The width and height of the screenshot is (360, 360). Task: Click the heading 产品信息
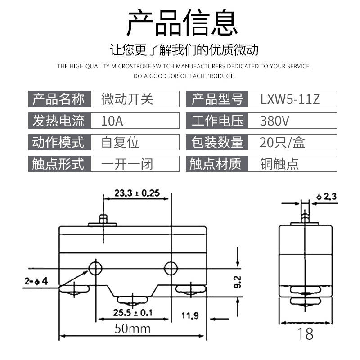(x=182, y=22)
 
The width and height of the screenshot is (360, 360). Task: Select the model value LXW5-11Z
(x=290, y=99)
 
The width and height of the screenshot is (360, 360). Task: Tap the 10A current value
(x=112, y=121)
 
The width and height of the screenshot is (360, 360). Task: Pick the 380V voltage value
(x=274, y=121)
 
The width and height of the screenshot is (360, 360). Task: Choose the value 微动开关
(x=127, y=99)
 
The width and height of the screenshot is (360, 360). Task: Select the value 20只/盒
(x=282, y=142)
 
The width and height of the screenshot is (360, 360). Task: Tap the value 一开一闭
(x=127, y=164)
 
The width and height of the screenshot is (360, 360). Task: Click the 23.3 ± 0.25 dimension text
(x=137, y=193)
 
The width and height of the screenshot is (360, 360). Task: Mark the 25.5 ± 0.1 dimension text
(x=132, y=312)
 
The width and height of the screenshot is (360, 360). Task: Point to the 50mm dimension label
(x=133, y=328)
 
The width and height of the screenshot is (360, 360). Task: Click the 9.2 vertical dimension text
(x=238, y=282)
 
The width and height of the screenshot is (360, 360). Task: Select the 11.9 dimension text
(x=190, y=316)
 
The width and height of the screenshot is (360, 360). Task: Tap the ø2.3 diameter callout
(x=326, y=197)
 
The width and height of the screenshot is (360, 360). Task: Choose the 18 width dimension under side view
(x=306, y=333)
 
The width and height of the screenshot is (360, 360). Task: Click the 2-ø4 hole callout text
(x=36, y=281)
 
